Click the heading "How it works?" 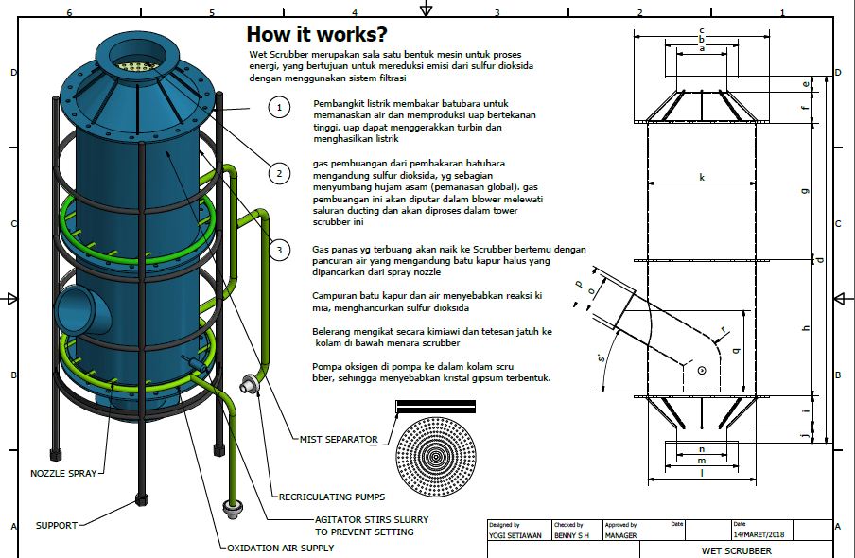[x=316, y=35]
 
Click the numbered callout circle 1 [x=279, y=108]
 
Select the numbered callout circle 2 [x=279, y=173]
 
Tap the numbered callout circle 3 [x=279, y=250]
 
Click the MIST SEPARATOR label [x=339, y=439]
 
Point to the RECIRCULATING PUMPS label [x=332, y=496]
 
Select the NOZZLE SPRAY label [x=63, y=473]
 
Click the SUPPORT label [x=57, y=525]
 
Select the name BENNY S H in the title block [x=572, y=535]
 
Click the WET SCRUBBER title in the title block [x=736, y=550]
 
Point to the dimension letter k [x=702, y=177]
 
